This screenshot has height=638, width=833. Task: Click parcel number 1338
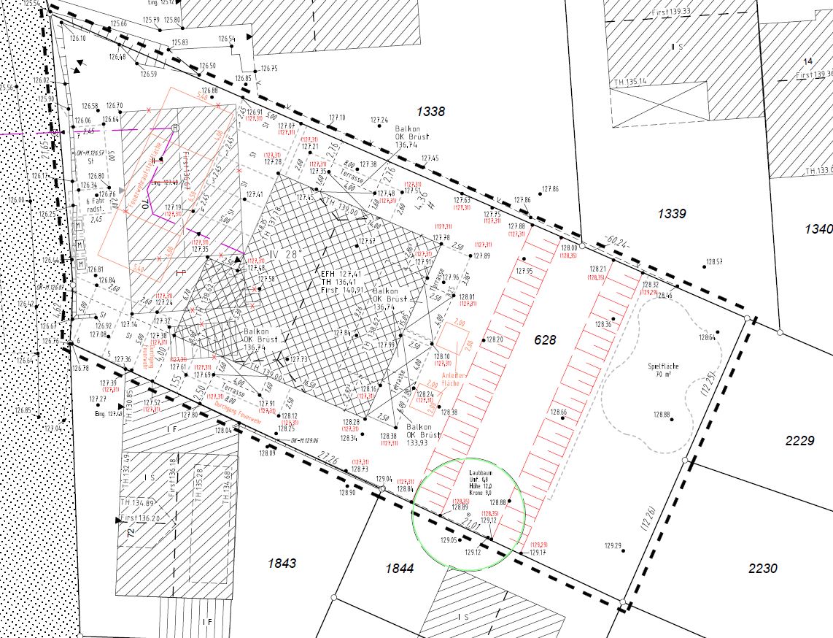click(430, 112)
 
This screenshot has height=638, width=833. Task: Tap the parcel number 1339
click(672, 214)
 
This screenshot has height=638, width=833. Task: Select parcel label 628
click(545, 340)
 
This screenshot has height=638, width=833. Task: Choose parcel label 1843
click(282, 563)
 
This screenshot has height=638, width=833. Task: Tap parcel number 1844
click(399, 568)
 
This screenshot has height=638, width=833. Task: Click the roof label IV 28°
click(264, 255)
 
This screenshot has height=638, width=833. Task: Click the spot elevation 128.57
click(713, 261)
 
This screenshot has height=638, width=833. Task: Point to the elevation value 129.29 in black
click(612, 546)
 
